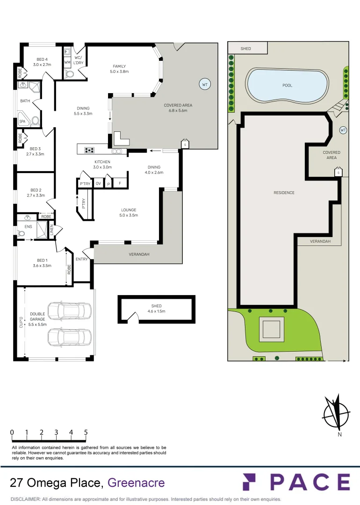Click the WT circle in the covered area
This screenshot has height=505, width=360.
(x=204, y=85)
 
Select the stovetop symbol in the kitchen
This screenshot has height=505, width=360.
(x=89, y=150)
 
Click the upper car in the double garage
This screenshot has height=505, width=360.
(x=70, y=310)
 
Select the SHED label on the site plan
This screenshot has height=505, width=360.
(x=246, y=49)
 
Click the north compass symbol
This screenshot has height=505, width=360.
(x=336, y=412)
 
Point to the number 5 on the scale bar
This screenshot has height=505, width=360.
(x=86, y=433)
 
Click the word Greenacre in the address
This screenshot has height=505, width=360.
(x=136, y=482)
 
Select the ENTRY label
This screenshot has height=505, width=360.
(x=82, y=259)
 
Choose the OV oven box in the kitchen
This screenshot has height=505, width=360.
(x=98, y=184)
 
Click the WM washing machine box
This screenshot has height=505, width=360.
(x=67, y=62)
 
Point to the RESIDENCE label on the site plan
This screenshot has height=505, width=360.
(x=284, y=193)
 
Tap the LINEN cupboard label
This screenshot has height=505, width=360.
(x=52, y=230)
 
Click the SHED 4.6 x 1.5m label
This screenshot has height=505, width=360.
(x=156, y=309)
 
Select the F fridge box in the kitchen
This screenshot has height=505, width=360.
(x=120, y=183)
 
